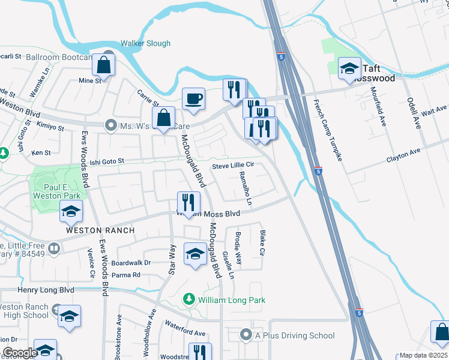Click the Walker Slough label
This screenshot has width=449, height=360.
145,43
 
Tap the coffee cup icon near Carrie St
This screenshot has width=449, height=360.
193,99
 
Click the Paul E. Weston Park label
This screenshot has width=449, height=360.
55,191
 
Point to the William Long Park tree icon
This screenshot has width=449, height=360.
188,299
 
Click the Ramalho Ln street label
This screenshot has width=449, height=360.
244,187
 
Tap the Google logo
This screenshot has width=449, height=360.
19,352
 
